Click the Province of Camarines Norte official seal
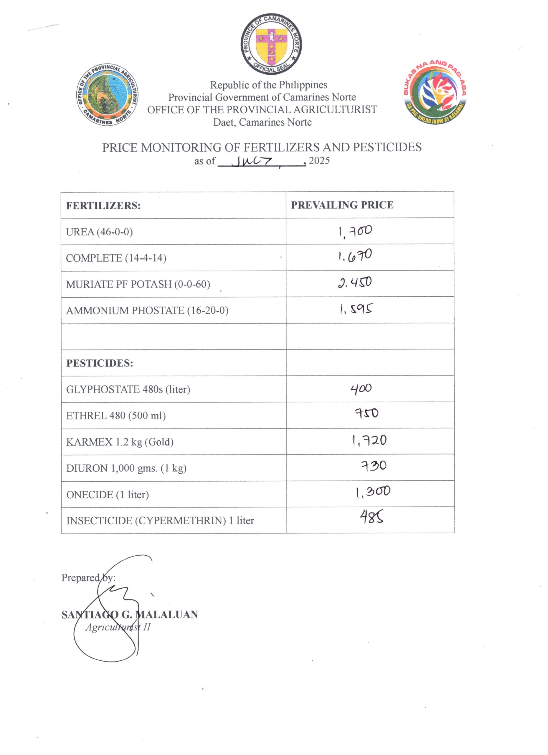point(271,44)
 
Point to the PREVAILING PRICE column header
point(342,205)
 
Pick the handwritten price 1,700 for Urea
point(355,231)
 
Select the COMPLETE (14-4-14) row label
point(116,258)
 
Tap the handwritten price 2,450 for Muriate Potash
point(355,283)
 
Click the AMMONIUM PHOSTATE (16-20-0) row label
point(147,311)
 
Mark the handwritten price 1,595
point(356,309)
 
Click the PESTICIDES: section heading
point(100,363)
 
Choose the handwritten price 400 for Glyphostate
point(361,388)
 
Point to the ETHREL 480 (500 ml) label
point(116,416)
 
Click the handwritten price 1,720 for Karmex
point(369,441)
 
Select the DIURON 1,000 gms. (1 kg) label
point(126,468)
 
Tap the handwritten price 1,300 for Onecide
point(373,492)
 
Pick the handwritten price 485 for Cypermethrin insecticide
point(372,517)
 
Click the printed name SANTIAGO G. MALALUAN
point(130,615)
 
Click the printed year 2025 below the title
point(319,160)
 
